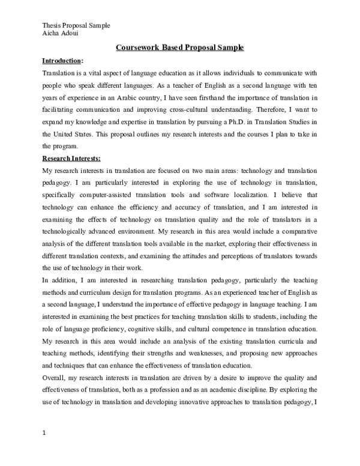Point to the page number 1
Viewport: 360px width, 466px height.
click(x=44, y=431)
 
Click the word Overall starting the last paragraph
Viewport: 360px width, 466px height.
click(x=56, y=378)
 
